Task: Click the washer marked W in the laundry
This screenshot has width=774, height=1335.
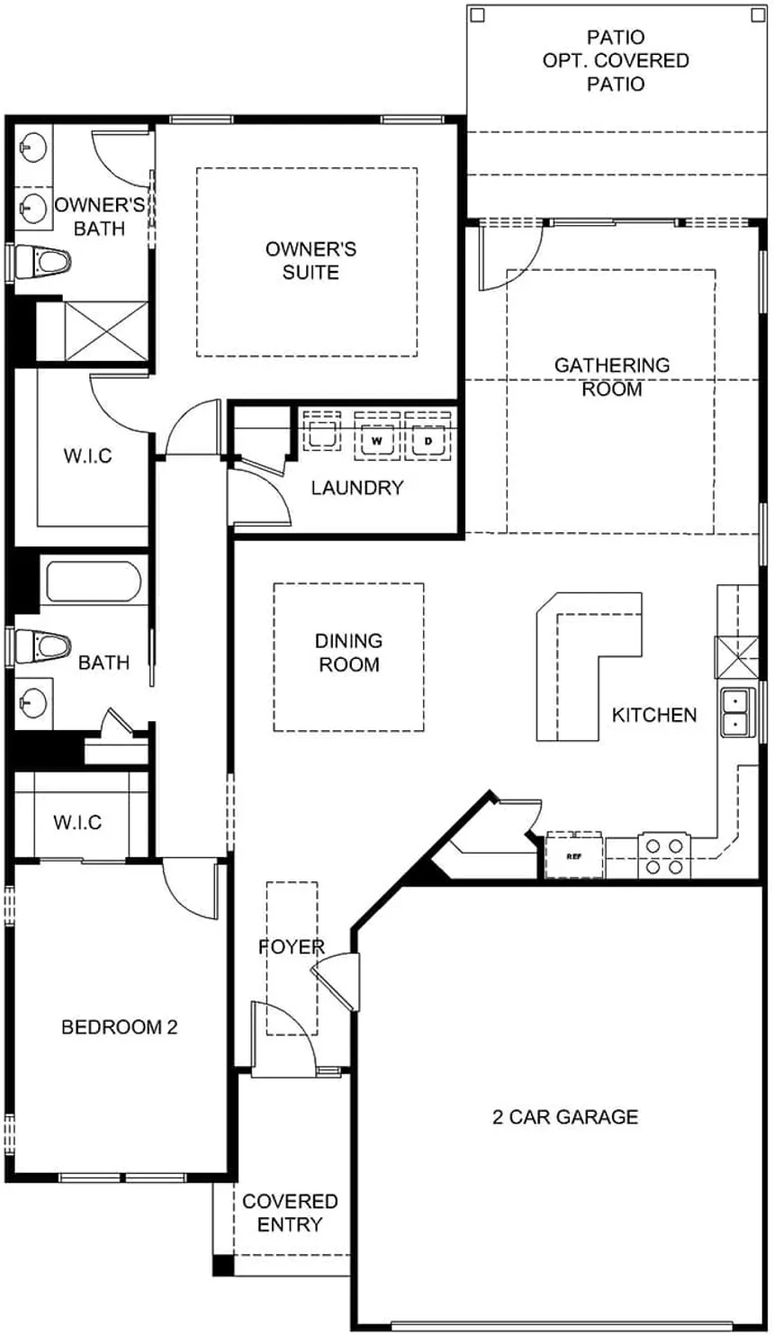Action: tap(377, 436)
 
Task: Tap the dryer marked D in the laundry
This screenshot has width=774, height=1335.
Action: tap(427, 436)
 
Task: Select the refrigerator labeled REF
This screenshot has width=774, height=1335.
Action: tap(574, 855)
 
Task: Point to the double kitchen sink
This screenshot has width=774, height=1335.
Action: tap(736, 712)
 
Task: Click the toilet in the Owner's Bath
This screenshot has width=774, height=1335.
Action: tap(41, 261)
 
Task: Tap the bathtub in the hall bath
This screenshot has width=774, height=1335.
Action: tap(94, 582)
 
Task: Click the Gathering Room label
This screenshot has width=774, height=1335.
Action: tap(612, 376)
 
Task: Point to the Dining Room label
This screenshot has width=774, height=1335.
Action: tap(349, 652)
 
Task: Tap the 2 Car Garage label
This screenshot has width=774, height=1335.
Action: tap(565, 1116)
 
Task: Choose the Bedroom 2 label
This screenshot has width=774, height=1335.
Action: tap(120, 1027)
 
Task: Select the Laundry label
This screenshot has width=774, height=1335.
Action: tap(357, 488)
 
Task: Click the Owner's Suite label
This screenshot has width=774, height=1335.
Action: tap(311, 260)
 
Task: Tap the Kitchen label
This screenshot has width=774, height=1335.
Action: tap(654, 715)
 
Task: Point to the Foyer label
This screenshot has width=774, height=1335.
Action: tap(292, 947)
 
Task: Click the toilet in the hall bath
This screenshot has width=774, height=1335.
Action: tap(41, 644)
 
